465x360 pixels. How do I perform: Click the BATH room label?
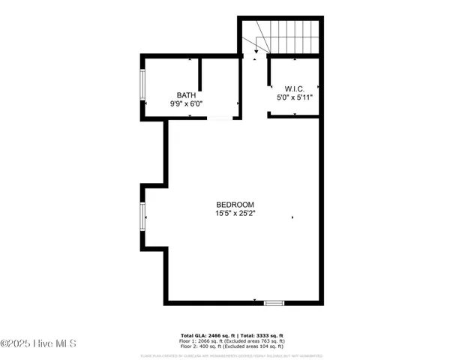(186, 95)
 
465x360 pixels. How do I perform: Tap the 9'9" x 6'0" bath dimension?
(186, 104)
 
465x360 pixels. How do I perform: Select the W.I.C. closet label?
(293, 88)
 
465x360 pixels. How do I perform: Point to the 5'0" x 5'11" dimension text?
(293, 97)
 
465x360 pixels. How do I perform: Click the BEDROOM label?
(235, 205)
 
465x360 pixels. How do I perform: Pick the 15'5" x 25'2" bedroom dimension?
(235, 214)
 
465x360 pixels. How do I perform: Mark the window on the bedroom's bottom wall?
(274, 302)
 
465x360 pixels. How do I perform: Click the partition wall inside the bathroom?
(200, 74)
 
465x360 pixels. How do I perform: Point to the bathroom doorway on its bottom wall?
(220, 118)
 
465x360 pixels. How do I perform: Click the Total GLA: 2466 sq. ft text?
(207, 335)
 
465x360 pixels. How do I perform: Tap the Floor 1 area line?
(232, 341)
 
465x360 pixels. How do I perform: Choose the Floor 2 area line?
(232, 346)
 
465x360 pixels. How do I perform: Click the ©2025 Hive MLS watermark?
(38, 343)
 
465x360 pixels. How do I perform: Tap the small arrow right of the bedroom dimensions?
(292, 217)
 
